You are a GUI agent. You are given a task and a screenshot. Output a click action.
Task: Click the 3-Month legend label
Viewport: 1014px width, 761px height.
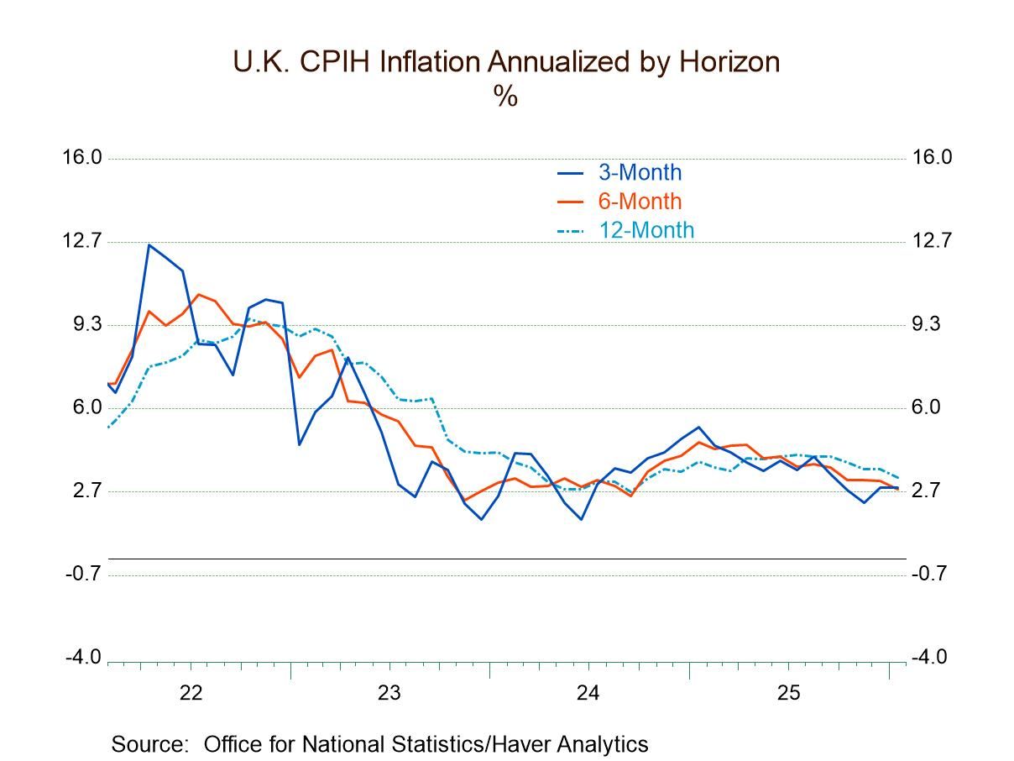coord(639,173)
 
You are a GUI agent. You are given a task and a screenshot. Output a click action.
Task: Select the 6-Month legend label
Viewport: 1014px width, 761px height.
coord(639,202)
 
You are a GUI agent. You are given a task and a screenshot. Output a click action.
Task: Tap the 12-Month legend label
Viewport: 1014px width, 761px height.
coord(646,230)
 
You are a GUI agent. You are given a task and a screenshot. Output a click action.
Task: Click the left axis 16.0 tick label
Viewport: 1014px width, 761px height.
coord(81,157)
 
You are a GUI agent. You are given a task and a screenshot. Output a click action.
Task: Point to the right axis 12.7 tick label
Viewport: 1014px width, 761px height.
coord(932,241)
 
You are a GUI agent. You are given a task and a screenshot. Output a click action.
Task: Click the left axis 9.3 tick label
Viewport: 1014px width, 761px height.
coord(86,324)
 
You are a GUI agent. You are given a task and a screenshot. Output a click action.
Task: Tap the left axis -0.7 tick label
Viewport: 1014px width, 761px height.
coord(84,574)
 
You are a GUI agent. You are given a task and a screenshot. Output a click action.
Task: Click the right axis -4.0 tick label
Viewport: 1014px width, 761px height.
coord(930,657)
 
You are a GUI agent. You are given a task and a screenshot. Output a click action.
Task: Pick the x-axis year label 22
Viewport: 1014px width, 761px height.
coord(191,694)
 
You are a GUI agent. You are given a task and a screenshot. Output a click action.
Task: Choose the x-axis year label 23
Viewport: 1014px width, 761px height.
coord(389,694)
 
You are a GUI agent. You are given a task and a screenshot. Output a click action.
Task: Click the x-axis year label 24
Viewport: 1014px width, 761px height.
coord(588,694)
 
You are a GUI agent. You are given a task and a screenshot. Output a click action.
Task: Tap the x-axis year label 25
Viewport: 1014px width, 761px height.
coord(787,694)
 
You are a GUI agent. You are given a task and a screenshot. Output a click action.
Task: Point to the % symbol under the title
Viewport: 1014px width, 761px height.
coord(505,97)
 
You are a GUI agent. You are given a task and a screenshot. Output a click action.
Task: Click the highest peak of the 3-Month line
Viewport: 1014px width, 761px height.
coord(149,245)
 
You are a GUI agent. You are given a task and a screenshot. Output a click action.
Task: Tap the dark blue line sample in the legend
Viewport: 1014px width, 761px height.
coord(570,174)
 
